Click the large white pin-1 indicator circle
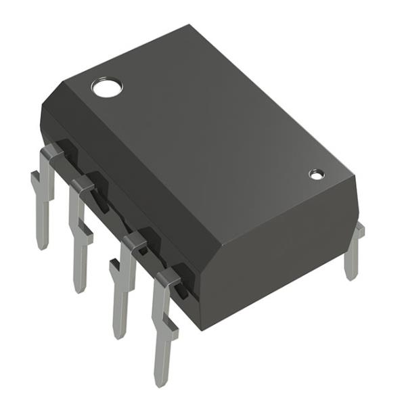pyautogui.click(x=106, y=87)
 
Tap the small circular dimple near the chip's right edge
pyautogui.click(x=316, y=174)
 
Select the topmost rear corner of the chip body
pyautogui.click(x=189, y=27)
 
